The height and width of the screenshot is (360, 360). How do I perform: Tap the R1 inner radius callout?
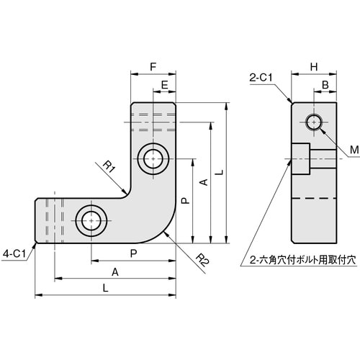point(109,168)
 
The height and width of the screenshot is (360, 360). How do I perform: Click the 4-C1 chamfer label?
point(15,253)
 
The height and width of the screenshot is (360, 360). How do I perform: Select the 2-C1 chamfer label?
point(260,76)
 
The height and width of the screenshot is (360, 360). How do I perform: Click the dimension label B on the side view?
point(325,85)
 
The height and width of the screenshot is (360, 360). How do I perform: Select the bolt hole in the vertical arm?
point(153,158)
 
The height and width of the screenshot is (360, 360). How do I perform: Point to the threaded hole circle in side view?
point(314,122)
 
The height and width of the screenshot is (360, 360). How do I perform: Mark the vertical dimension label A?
point(202,184)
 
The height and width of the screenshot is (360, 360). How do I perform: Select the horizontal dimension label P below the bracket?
point(133,253)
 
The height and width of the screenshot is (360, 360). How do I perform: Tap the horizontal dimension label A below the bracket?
point(115,271)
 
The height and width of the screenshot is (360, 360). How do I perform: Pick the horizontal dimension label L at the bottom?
point(106,288)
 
